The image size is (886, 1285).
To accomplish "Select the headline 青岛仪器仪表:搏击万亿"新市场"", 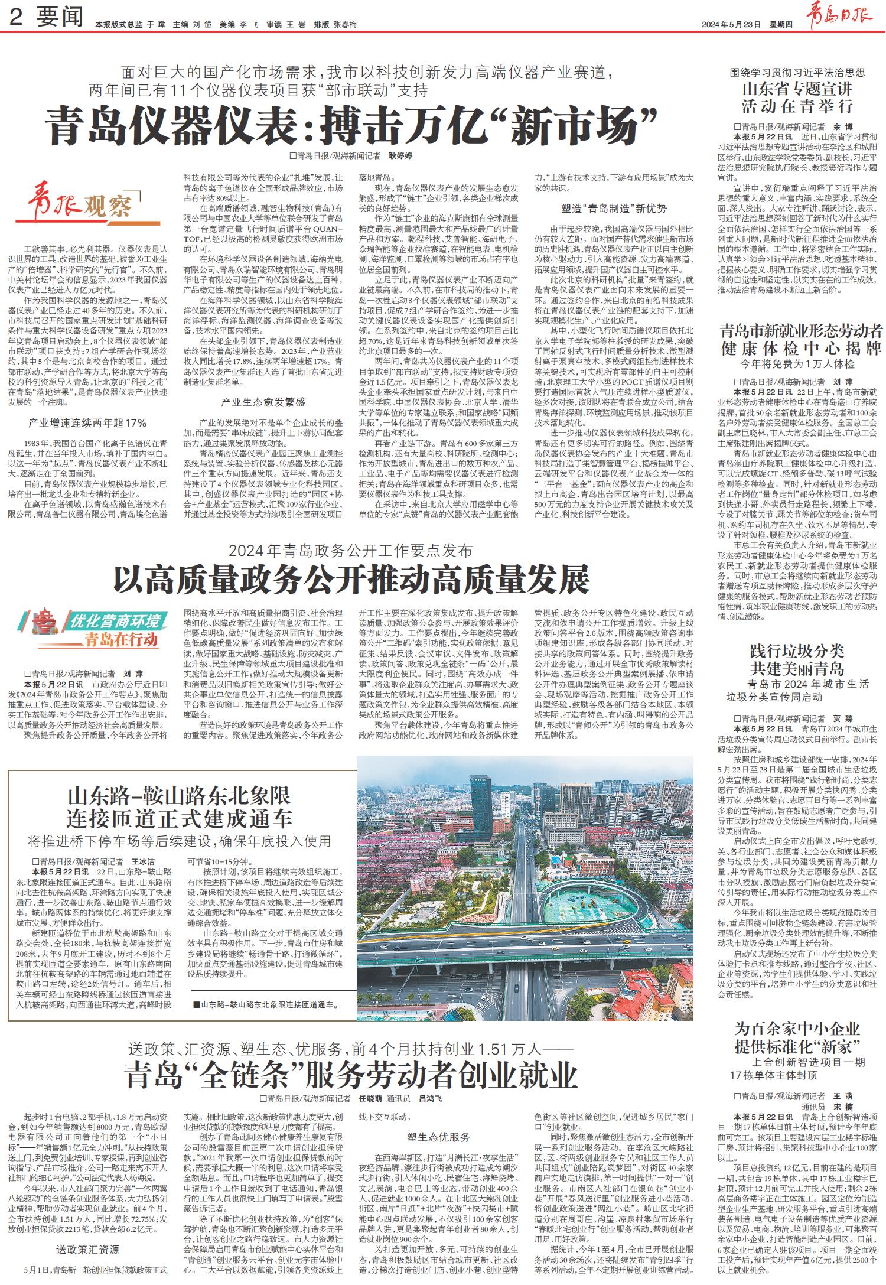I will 353,125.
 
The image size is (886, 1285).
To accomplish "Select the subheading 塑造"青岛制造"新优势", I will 614,208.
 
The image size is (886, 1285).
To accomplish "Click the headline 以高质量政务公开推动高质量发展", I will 352,580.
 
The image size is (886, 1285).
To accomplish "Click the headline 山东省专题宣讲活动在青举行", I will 797,97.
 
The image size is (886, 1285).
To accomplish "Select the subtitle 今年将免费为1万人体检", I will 797,363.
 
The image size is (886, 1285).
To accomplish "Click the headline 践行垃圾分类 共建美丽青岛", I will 797,660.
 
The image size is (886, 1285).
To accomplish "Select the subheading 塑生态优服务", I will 438,1136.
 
